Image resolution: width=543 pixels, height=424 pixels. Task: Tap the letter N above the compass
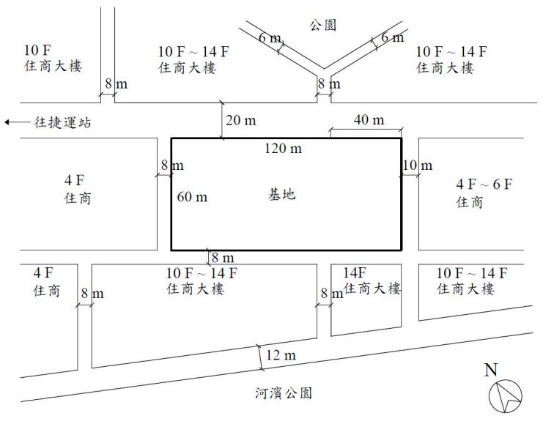coord(492,370)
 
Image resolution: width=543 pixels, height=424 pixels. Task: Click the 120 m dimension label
coord(284,149)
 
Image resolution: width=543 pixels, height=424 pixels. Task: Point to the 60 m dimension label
coord(192,196)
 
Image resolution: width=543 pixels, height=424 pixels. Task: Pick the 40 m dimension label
coord(369,119)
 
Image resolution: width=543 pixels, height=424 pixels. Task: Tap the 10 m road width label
coord(418,166)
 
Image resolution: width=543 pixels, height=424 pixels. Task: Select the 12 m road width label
coord(281,356)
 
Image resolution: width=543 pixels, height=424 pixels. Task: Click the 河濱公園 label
coord(281,393)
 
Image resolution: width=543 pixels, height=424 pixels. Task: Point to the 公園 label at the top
coord(322,25)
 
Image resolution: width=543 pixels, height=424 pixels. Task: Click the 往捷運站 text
coord(63,122)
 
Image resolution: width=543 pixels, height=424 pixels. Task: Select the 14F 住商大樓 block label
coord(372,281)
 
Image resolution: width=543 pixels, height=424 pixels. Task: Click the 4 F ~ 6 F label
coord(484,185)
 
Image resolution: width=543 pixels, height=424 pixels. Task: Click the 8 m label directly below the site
coord(223,257)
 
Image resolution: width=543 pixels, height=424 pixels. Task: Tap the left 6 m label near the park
coord(269,37)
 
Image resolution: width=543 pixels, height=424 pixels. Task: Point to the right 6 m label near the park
coord(392,37)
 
